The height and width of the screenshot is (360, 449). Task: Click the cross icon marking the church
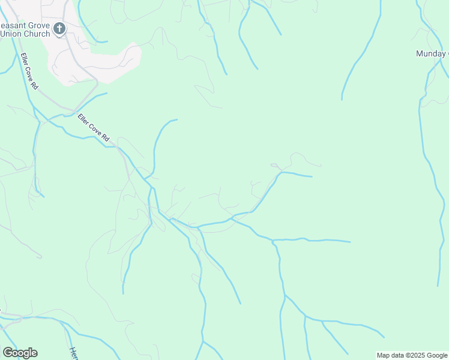pos(59,28)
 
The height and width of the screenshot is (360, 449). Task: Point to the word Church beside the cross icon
pos(37,34)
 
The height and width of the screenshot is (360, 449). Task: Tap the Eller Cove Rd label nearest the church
pos(29,71)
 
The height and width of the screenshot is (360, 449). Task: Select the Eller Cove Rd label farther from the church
pos(94,128)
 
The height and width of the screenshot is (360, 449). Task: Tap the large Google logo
pos(20,353)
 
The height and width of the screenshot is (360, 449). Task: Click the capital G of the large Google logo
pos(8,352)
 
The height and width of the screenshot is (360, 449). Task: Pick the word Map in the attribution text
pos(384,355)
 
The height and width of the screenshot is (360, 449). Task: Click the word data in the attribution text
pos(400,355)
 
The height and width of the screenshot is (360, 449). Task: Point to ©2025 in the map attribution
pos(421,355)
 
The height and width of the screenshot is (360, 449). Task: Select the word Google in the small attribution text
pos(438,355)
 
